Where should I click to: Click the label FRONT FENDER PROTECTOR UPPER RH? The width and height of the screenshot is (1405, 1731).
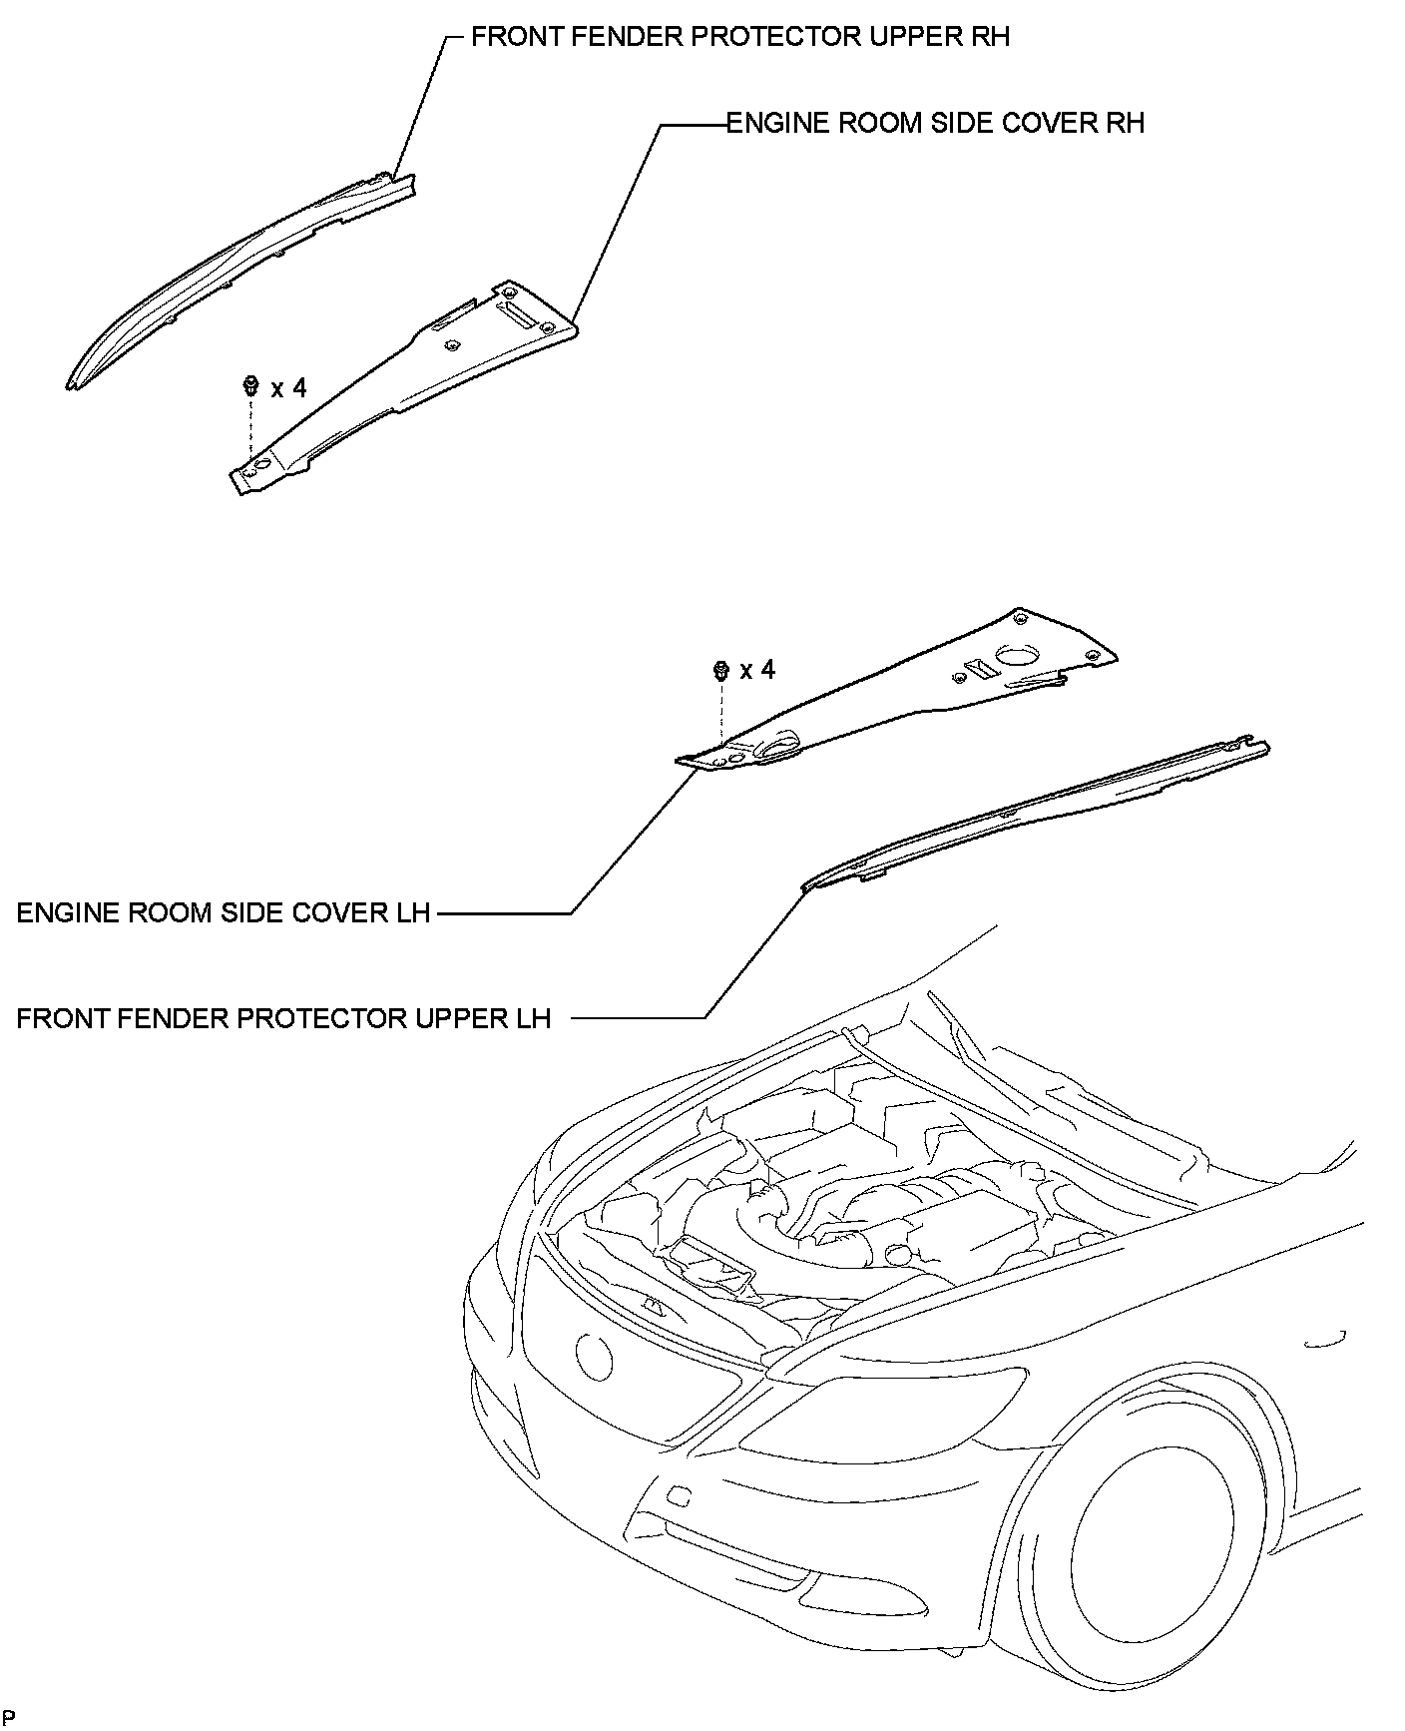pyautogui.click(x=740, y=37)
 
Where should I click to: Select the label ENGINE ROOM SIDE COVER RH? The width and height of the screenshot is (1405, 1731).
pyautogui.click(x=935, y=123)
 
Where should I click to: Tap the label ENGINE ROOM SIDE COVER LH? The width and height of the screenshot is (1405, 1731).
pyautogui.click(x=224, y=912)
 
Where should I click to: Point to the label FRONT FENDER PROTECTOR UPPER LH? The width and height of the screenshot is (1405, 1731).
pyautogui.click(x=284, y=1018)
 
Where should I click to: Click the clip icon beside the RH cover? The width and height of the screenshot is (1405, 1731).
pyautogui.click(x=251, y=384)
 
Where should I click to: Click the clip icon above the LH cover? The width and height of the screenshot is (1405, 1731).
pyautogui.click(x=720, y=670)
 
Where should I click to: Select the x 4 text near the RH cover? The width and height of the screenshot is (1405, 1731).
pyautogui.click(x=288, y=388)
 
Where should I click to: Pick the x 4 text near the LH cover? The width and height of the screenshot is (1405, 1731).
pyautogui.click(x=757, y=670)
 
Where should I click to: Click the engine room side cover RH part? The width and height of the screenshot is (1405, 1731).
pyautogui.click(x=419, y=379)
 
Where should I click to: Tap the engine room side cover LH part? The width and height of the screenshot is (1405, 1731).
pyautogui.click(x=898, y=699)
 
